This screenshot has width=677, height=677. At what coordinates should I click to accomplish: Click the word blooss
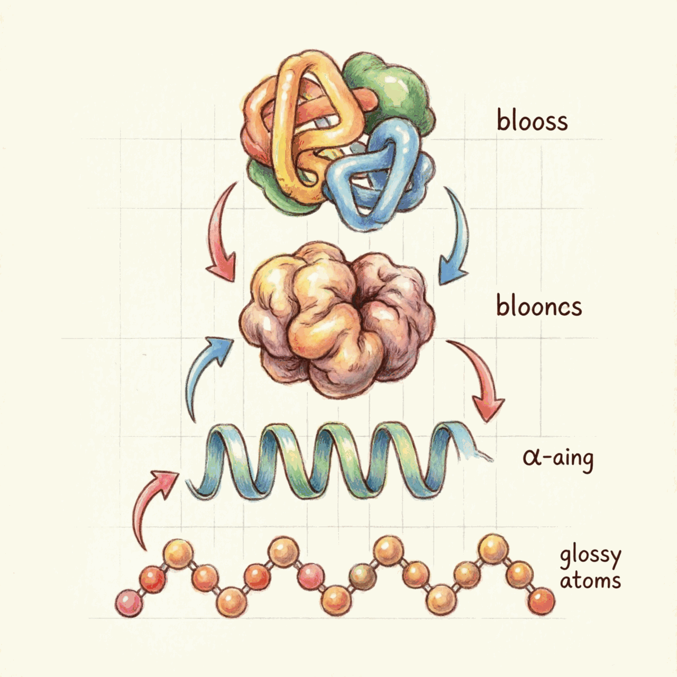click(x=532, y=120)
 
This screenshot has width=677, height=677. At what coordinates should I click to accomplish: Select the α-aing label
click(x=558, y=458)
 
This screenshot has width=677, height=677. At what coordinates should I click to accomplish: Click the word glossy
click(x=590, y=557)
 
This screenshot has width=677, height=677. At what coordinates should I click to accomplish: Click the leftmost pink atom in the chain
click(x=129, y=603)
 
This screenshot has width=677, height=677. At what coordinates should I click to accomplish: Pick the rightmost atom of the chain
click(x=542, y=601)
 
